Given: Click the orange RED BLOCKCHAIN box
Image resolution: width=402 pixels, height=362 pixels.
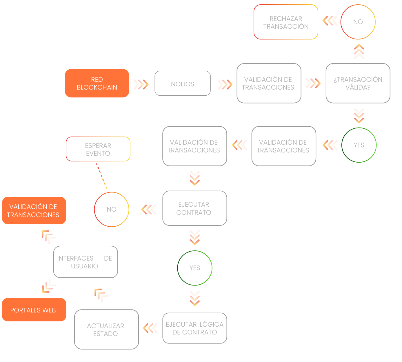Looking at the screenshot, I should point(97,83).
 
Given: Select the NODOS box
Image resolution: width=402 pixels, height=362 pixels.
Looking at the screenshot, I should point(183,83).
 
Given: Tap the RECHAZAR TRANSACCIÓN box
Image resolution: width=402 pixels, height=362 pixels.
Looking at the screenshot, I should point(286,22).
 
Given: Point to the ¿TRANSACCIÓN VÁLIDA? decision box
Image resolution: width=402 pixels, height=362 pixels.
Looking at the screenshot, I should point(358,83).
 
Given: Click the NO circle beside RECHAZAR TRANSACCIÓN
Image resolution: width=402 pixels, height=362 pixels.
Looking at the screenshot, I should point(358,22).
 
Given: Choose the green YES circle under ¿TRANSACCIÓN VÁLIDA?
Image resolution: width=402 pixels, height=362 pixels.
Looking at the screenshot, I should point(359,145).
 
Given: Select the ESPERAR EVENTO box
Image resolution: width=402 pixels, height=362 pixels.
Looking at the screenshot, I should point(98,149).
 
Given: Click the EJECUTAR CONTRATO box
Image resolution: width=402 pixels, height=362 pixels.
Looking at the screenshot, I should point(194,208).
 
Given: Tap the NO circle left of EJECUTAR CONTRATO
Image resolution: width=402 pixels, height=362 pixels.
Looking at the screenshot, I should point(112,209).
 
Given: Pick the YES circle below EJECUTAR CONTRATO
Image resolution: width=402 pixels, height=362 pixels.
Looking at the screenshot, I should point(195,268).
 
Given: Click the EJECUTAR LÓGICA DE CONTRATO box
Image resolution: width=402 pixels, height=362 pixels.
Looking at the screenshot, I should point(194,328).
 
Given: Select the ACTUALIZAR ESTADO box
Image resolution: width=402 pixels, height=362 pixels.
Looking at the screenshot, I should point(106,330).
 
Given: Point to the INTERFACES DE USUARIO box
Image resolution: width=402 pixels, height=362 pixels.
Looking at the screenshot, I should point(86,262).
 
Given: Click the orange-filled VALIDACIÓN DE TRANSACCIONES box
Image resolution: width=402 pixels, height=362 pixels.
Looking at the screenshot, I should point(34,211).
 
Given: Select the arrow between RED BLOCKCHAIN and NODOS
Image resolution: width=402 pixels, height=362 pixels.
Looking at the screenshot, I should point(141,84).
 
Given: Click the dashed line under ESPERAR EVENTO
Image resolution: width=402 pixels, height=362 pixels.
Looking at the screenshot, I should point(101,176).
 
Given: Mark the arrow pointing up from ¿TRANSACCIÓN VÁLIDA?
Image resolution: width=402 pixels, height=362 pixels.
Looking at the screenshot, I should point(359,51).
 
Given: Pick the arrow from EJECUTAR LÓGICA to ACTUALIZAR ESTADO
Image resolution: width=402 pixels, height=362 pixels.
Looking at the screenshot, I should point(150,328).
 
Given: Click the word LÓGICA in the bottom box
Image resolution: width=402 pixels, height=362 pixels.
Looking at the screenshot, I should point(211,324).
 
